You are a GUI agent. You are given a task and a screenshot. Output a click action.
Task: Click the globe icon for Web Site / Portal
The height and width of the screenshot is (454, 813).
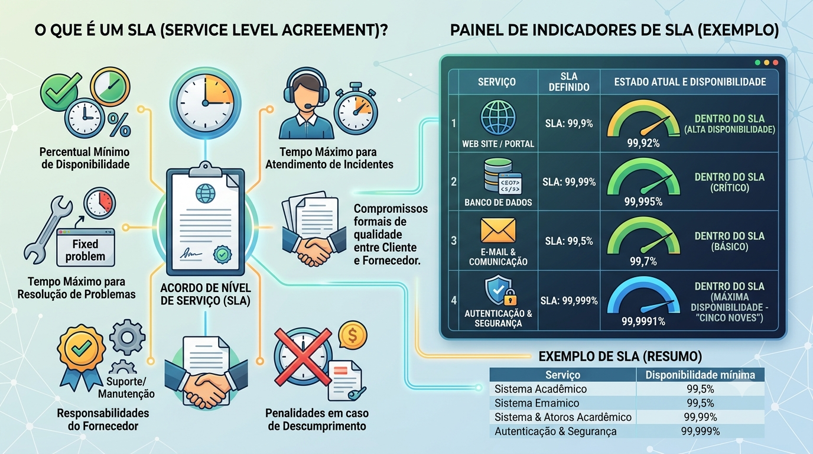click(498, 118)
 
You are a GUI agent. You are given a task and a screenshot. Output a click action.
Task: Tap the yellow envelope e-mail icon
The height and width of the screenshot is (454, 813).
click(498, 231)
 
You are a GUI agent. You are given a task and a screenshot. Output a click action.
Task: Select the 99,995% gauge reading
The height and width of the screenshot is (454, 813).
click(643, 202)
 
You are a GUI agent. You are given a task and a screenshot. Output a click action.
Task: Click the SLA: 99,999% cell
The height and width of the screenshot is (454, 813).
click(569, 300)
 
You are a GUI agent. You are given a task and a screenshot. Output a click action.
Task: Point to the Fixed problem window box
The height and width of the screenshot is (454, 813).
click(86, 247)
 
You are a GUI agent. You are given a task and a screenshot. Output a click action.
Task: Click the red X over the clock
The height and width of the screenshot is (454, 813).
click(303, 356)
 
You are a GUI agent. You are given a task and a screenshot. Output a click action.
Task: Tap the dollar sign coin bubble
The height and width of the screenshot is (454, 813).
click(352, 335)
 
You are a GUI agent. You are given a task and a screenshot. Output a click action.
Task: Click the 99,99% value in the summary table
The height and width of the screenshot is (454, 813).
click(700, 417)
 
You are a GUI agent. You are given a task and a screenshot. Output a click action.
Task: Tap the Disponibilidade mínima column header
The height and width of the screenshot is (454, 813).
click(700, 375)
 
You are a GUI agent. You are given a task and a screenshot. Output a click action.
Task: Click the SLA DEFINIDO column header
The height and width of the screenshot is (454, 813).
click(569, 82)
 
